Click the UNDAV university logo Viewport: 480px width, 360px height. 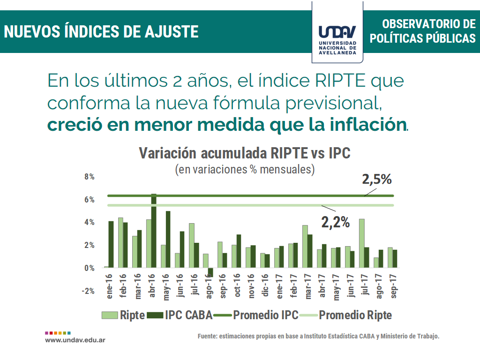click(337, 32)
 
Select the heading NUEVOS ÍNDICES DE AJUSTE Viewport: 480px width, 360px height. click(101, 32)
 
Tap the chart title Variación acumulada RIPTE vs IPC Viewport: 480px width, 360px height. click(245, 154)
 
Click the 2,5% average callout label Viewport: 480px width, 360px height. click(376, 180)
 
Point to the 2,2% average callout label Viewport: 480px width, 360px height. click(335, 223)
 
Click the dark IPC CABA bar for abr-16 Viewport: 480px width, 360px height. click(154, 231)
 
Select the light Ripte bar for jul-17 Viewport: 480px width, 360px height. click(361, 243)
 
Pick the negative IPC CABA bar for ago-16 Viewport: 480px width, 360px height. click(210, 272)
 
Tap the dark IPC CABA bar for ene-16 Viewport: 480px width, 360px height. click(111, 244)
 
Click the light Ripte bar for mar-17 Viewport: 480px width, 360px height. click(305, 247)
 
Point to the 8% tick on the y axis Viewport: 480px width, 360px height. click(90, 177)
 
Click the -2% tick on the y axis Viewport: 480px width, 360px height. click(88, 291)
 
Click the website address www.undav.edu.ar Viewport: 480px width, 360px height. click(75, 339)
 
